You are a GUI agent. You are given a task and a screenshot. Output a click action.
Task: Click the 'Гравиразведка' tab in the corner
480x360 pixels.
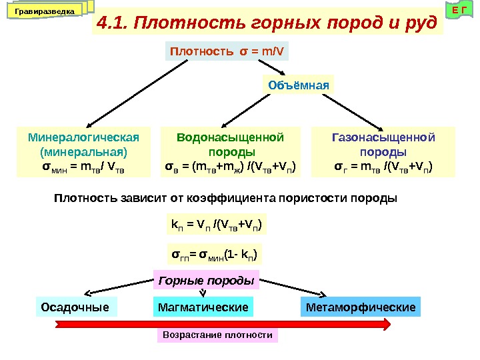[x=45, y=11]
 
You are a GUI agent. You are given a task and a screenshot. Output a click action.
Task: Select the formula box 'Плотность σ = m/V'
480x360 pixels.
[x=227, y=53]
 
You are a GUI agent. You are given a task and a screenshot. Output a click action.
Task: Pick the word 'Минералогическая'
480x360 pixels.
[x=84, y=137]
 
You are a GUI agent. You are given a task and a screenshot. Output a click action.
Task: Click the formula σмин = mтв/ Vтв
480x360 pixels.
[x=84, y=165]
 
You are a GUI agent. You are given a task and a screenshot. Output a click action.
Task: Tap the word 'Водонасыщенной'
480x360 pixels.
[x=231, y=137]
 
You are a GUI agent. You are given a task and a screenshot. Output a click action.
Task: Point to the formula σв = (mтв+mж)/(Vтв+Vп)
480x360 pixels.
[x=231, y=165]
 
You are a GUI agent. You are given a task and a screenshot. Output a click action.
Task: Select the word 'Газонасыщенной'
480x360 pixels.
[x=383, y=137]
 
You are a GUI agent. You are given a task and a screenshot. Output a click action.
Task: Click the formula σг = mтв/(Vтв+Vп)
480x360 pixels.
[x=383, y=165]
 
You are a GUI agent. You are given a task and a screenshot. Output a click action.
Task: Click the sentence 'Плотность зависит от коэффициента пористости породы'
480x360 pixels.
[x=225, y=198]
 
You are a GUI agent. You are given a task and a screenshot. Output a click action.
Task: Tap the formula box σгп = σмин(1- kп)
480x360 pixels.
[x=215, y=254]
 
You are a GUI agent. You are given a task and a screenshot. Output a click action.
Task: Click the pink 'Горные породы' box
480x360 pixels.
[x=206, y=281]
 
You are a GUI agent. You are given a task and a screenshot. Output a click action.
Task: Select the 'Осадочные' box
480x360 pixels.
[x=75, y=307]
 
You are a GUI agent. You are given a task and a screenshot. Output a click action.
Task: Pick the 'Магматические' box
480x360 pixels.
[x=203, y=307]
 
